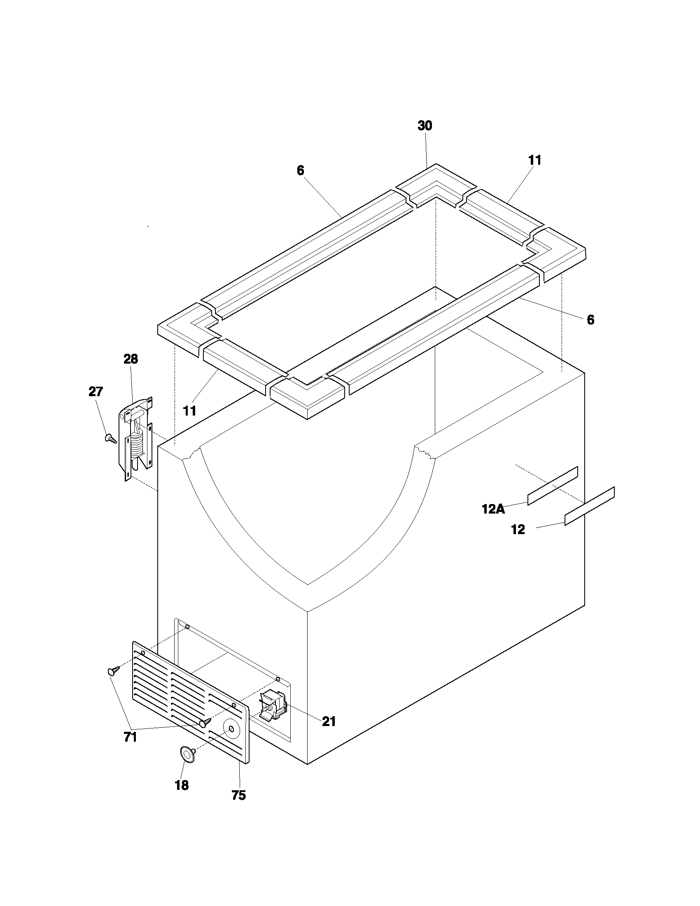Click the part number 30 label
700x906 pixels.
(425, 126)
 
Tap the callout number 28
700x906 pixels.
(131, 359)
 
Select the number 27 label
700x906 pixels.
(96, 392)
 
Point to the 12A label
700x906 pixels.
(493, 509)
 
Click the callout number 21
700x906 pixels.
(329, 722)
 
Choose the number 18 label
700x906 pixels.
(182, 785)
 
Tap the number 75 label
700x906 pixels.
(238, 795)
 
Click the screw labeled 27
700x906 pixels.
(111, 438)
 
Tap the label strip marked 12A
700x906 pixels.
(552, 486)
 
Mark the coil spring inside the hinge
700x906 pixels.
(136, 444)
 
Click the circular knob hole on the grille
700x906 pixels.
(231, 729)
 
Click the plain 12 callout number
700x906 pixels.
(518, 530)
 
